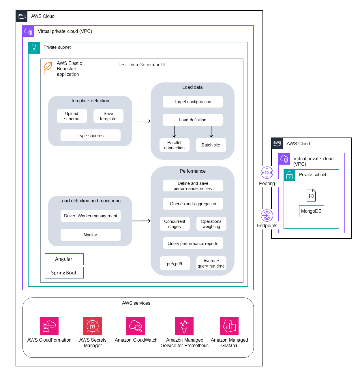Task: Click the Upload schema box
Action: pyautogui.click(x=72, y=116)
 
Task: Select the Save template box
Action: pyautogui.click(x=108, y=116)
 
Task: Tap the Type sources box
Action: pyautogui.click(x=90, y=135)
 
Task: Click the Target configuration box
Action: pyautogui.click(x=192, y=101)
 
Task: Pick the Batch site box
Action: pyautogui.click(x=211, y=145)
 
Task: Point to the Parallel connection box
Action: pyautogui.click(x=174, y=145)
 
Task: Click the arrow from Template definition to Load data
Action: pyautogui.click(x=141, y=121)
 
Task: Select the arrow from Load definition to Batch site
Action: pyautogui.click(x=211, y=131)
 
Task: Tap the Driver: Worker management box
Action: pyautogui.click(x=90, y=216)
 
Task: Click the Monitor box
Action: pyautogui.click(x=90, y=235)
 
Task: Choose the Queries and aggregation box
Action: pyautogui.click(x=193, y=204)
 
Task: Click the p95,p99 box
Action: pyautogui.click(x=175, y=263)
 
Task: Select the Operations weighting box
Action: pyautogui.click(x=211, y=224)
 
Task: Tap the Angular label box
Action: pyautogui.click(x=64, y=259)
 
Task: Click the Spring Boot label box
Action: pyautogui.click(x=64, y=273)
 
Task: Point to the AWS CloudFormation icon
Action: pyautogui.click(x=49, y=326)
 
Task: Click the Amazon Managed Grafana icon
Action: pyautogui.click(x=229, y=326)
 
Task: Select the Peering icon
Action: pyautogui.click(x=267, y=173)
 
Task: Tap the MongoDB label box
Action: pyautogui.click(x=311, y=211)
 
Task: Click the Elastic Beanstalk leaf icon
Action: pyautogui.click(x=48, y=68)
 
